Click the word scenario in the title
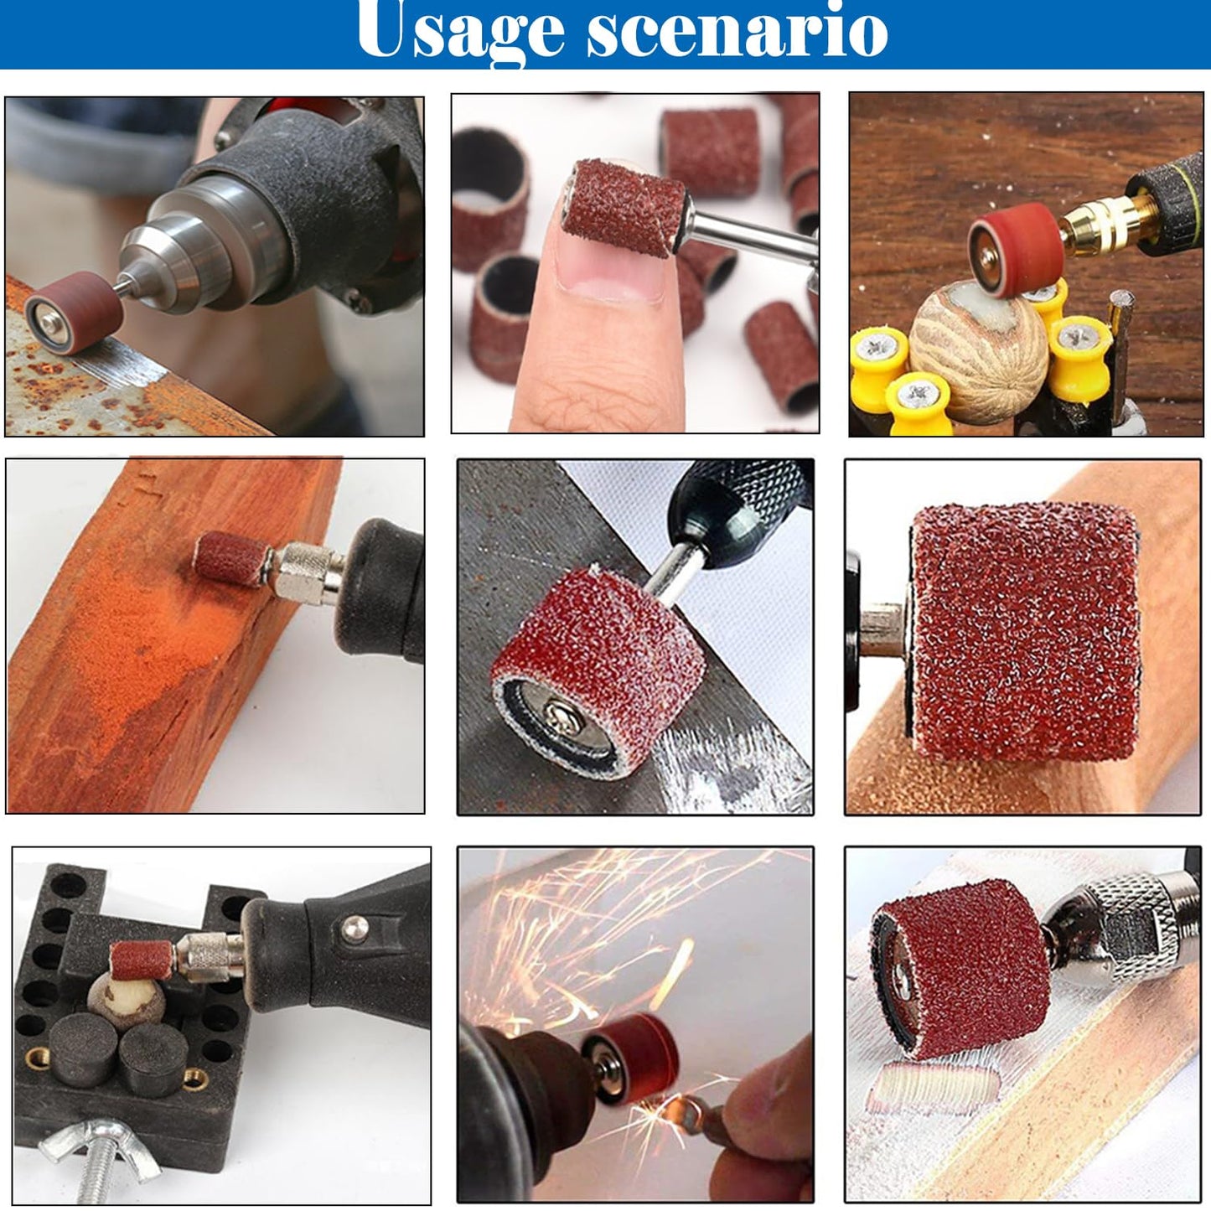click(736, 32)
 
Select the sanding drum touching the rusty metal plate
click(74, 306)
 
